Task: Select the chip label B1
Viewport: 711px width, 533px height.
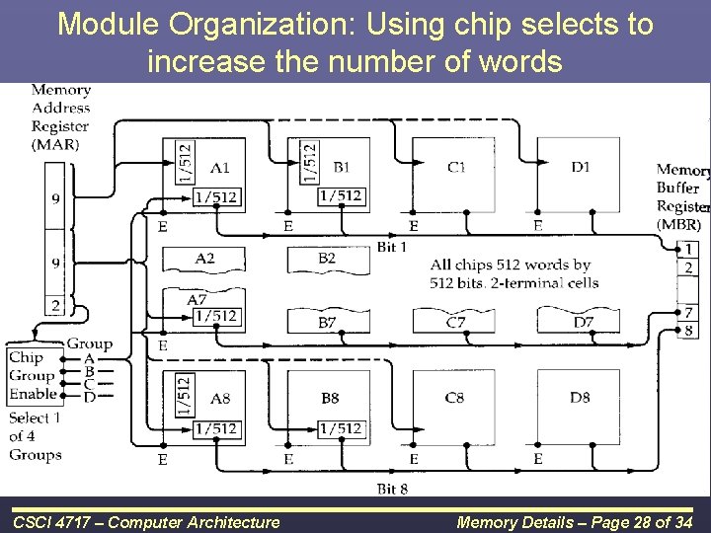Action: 341,167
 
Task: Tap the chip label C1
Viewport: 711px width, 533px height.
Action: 456,167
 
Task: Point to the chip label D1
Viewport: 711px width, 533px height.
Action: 581,167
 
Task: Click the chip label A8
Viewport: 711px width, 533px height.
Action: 220,399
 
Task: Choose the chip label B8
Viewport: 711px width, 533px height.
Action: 330,399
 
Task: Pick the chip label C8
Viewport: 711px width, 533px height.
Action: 454,399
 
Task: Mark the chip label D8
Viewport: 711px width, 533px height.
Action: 581,399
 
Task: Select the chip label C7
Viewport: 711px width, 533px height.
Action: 455,322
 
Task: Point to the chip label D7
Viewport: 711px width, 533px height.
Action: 582,322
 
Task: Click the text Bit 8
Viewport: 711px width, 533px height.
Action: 392,490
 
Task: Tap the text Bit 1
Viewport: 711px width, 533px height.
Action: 392,246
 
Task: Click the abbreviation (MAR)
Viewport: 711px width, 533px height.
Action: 56,144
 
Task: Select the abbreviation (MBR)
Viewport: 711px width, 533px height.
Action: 678,225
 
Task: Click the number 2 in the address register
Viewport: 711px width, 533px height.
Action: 55,306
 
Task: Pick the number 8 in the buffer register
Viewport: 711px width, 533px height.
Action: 688,330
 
